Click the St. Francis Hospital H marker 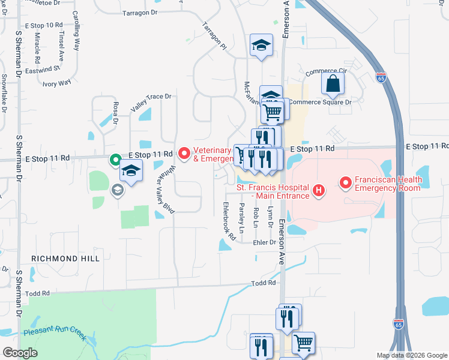point(319,191)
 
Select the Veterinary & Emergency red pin point(184,154)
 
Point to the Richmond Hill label point(57,258)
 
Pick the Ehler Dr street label point(263,242)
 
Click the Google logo point(20,353)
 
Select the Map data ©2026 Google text point(412,355)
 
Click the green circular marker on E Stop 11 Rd point(115,160)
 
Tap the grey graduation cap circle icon point(118,190)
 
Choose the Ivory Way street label point(56,83)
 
